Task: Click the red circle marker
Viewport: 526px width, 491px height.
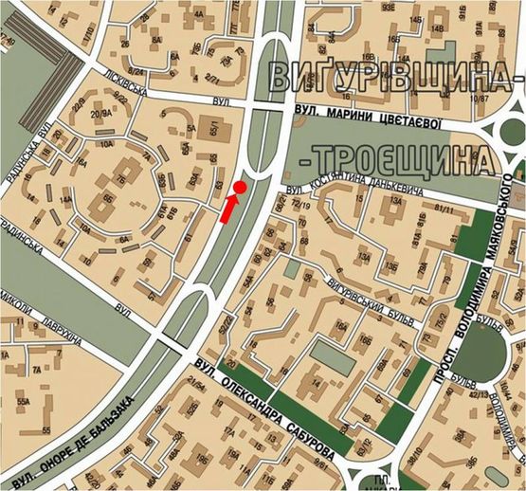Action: [241, 188]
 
